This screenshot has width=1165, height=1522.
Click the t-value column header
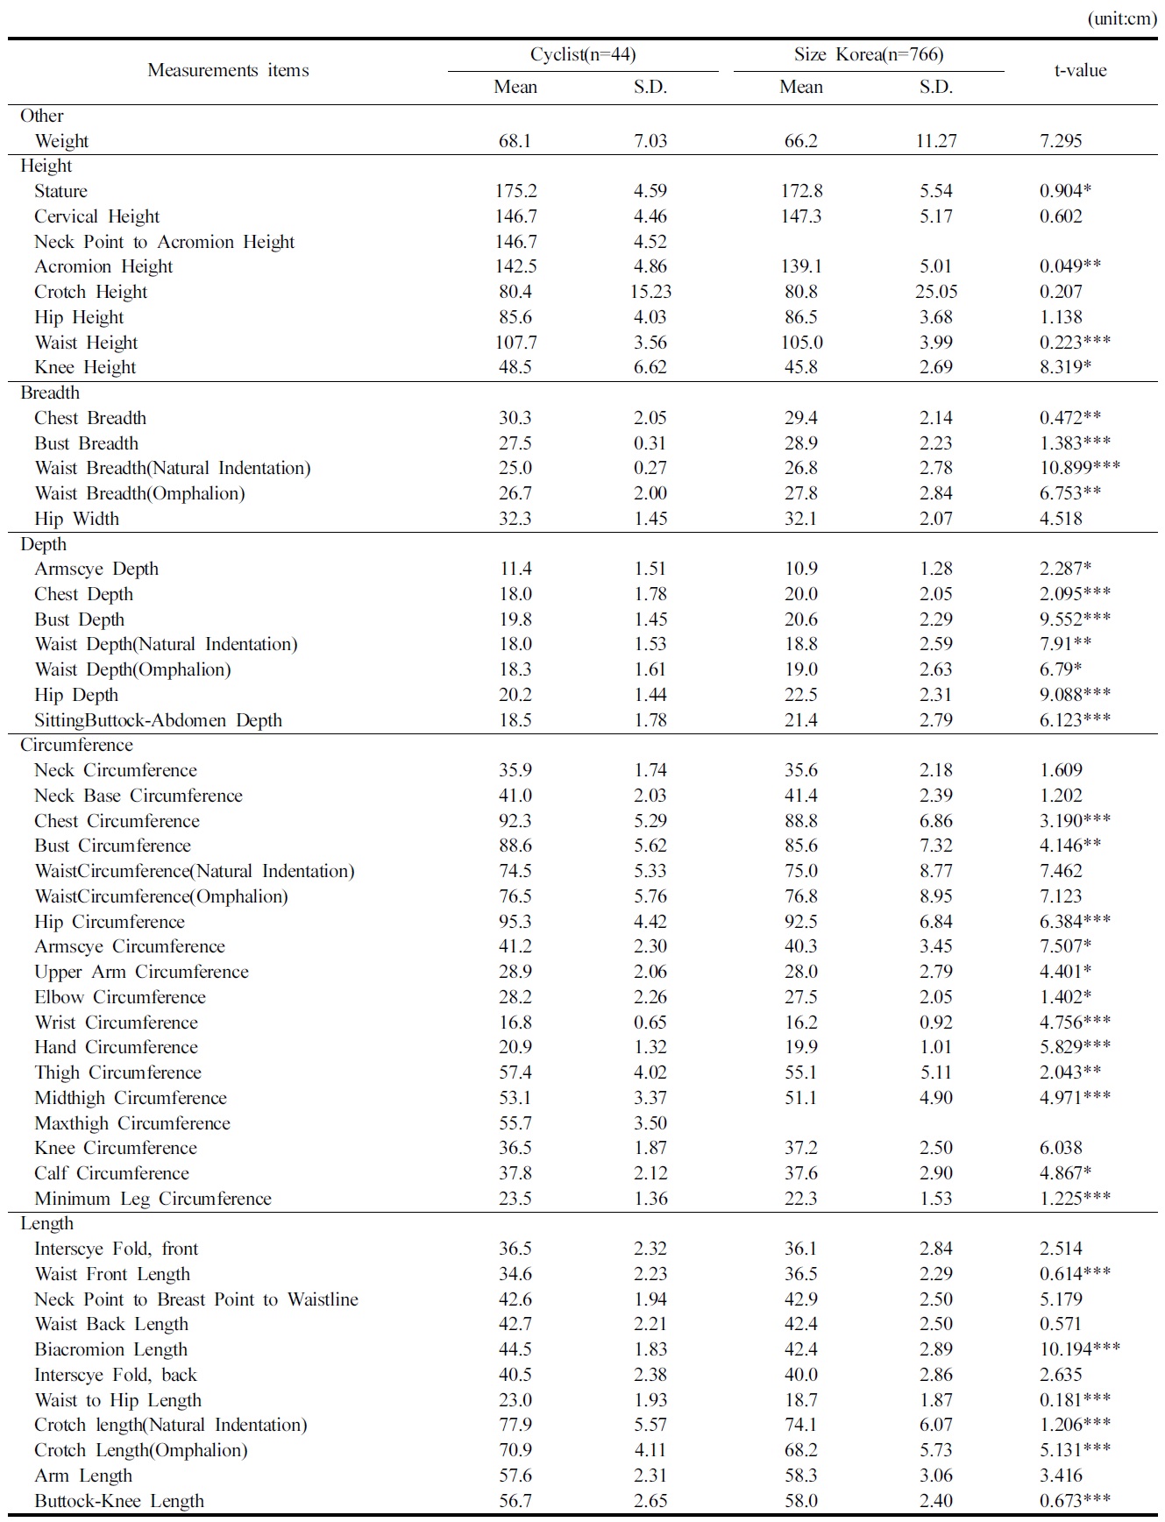coord(1079,71)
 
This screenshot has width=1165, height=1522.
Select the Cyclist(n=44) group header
coord(583,55)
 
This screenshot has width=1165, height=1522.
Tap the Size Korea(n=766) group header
coord(868,55)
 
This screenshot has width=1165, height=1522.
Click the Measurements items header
coord(228,71)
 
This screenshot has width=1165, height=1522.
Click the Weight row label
coord(61,141)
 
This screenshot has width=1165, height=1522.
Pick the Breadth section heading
coord(50,393)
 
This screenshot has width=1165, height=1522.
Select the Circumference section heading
coord(76,745)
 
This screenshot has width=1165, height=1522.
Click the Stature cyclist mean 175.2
coord(515,191)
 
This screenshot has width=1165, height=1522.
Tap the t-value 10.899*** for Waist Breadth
coord(1079,468)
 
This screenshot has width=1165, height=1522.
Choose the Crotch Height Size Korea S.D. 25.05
coord(935,292)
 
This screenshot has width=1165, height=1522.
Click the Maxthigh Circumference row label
coord(132,1123)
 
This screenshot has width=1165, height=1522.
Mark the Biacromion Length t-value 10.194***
coord(1079,1349)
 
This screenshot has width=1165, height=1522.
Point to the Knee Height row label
coord(85,367)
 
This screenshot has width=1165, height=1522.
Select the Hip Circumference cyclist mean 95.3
coord(515,922)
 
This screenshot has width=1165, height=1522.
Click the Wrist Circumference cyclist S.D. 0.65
coord(650,1023)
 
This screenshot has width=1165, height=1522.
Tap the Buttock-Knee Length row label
coord(119,1501)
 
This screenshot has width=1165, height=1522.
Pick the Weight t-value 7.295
coord(1061,141)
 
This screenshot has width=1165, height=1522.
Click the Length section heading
coord(47,1223)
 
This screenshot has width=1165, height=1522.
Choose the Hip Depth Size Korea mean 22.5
coord(800,695)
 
